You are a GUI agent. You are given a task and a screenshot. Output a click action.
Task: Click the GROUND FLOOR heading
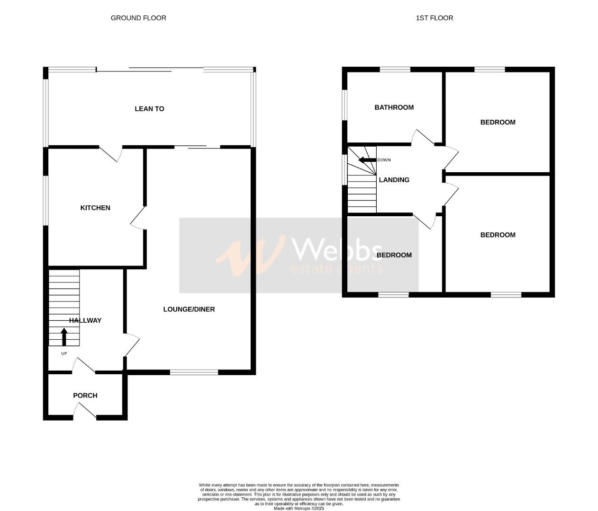[138, 18]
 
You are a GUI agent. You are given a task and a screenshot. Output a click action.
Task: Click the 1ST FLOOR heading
[434, 18]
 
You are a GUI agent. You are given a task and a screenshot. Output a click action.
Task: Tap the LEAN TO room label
[149, 109]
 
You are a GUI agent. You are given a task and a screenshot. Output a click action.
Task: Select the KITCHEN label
[95, 208]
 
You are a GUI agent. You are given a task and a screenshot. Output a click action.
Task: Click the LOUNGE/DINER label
[189, 309]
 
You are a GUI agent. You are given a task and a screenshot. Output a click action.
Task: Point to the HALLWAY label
[85, 320]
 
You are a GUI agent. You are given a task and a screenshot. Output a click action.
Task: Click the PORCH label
[85, 396]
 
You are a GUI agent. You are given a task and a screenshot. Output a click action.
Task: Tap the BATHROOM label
[394, 107]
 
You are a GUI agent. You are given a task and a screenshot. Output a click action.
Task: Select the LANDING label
[394, 180]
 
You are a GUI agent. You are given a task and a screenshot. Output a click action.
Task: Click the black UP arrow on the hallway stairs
[64, 337]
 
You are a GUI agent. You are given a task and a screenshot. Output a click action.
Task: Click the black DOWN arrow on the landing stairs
[367, 160]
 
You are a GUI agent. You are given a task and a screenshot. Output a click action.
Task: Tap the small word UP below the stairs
[64, 353]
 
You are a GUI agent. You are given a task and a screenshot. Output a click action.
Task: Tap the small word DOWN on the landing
[384, 160]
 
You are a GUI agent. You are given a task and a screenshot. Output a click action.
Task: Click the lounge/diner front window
[194, 372]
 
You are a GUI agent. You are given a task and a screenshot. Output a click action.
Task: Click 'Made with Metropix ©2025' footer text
[299, 508]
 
